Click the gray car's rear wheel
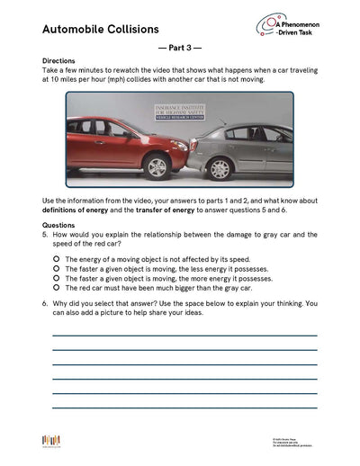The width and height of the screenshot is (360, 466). tap(219, 167)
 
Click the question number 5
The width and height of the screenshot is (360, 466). tap(45, 235)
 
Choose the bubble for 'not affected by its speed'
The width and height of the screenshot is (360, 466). tap(56, 258)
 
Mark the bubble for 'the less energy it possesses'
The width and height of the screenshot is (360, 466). tap(56, 268)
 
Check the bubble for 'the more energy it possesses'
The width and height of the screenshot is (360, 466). tap(56, 278)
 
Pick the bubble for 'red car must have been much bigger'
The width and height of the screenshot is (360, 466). tap(56, 288)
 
